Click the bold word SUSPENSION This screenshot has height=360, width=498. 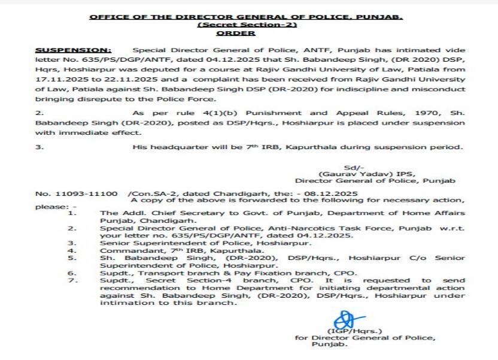[x=73, y=50]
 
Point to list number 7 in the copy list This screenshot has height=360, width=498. [x=72, y=280]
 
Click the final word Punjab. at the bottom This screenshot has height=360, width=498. [x=331, y=344]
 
